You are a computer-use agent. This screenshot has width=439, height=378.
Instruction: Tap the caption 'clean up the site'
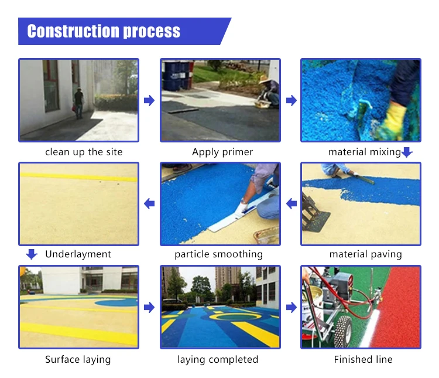(x=84, y=152)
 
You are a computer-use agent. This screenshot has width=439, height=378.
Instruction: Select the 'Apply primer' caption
(x=222, y=152)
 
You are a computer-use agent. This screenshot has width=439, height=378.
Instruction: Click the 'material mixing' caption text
(x=364, y=152)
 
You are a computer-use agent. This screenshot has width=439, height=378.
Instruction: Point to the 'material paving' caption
(x=365, y=254)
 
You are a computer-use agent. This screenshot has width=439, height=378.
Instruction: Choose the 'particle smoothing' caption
(x=218, y=254)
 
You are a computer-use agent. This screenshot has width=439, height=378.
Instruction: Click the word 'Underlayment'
(x=78, y=254)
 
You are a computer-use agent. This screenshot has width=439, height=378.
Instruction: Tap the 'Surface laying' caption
(x=78, y=359)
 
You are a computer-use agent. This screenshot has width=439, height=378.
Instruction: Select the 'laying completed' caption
(x=218, y=359)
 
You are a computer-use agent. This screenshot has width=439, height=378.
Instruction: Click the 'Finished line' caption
(x=363, y=359)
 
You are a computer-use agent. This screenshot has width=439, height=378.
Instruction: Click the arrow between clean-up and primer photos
(x=149, y=101)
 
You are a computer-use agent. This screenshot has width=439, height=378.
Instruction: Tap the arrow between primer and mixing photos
(x=291, y=101)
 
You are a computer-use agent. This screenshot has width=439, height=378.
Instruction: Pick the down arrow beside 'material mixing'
(x=407, y=152)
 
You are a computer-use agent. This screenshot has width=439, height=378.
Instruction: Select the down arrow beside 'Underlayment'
(x=32, y=254)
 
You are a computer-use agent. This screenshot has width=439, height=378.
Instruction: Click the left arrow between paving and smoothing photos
(x=291, y=204)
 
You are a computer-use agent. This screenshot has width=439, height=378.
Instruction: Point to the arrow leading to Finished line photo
(x=291, y=307)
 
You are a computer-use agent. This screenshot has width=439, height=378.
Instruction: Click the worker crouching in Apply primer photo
(x=269, y=91)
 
